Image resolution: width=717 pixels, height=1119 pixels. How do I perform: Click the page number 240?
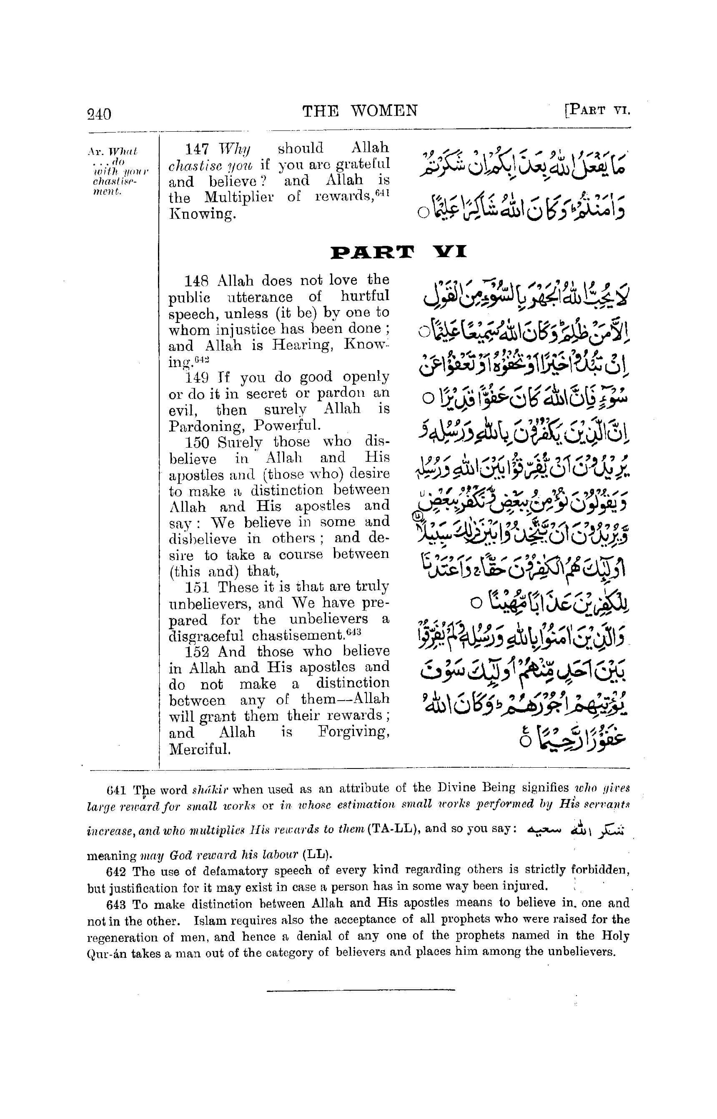99,114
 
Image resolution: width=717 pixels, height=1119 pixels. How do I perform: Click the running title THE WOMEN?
360,111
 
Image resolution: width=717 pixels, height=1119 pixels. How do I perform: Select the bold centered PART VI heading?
398,252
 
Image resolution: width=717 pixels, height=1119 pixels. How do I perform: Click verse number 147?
199,148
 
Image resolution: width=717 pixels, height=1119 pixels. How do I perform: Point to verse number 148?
199,281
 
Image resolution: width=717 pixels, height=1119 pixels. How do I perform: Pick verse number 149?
199,377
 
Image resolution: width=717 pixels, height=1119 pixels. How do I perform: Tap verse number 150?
199,442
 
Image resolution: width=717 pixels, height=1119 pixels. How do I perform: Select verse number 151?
199,587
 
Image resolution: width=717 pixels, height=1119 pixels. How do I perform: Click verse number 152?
199,652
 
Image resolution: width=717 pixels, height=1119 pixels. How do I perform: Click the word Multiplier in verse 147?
239,198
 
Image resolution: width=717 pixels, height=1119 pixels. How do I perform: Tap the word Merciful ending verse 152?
200,749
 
